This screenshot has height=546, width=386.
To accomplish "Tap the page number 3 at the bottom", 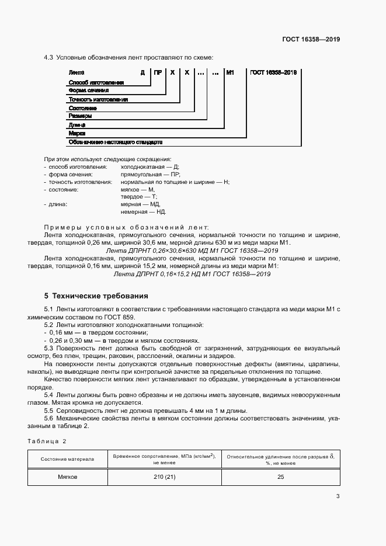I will pyautogui.click(x=338, y=496).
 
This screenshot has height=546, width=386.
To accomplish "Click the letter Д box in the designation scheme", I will pyautogui.click(x=142, y=73).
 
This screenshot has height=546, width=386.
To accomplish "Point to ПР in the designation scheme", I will pyautogui.click(x=158, y=73).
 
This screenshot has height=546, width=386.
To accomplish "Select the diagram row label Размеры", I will pyautogui.click(x=80, y=116).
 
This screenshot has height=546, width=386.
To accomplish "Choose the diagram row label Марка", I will pyautogui.click(x=77, y=133).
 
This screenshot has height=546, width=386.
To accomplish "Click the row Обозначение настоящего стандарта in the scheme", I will pyautogui.click(x=115, y=142).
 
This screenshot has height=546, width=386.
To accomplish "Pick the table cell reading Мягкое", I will pyautogui.click(x=67, y=477).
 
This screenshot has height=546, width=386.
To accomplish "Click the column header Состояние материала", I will pyautogui.click(x=67, y=459).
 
